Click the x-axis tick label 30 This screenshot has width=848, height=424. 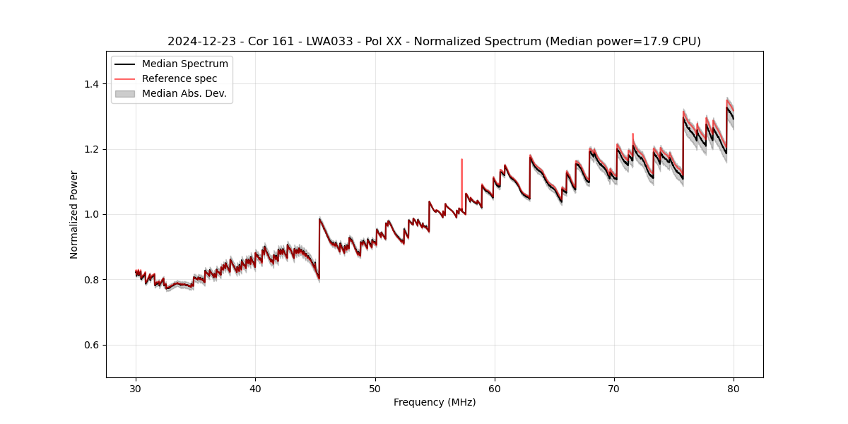(136, 388)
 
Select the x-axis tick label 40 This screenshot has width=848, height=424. (255, 388)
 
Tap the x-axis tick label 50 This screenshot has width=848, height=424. (375, 388)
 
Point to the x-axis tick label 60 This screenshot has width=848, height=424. (495, 388)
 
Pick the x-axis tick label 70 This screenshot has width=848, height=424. (614, 388)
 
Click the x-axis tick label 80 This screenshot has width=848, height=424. (734, 388)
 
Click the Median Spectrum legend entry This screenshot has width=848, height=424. (184, 64)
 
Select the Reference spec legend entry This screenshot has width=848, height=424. (179, 78)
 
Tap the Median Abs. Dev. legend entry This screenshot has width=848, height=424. (184, 93)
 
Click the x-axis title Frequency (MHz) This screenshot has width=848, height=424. (435, 402)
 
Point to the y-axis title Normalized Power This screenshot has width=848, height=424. (74, 214)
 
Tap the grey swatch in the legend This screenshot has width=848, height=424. (125, 93)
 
